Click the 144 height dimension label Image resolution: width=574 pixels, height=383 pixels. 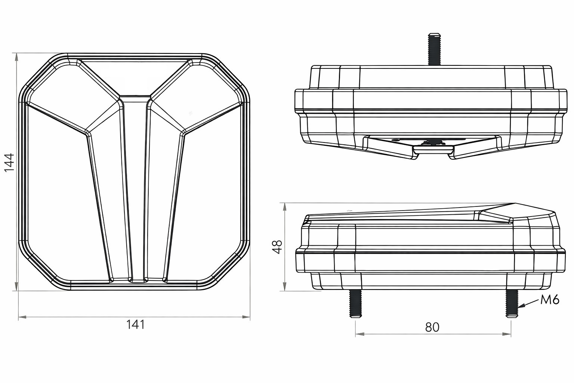(9, 162)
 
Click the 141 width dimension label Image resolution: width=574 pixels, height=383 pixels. (135, 325)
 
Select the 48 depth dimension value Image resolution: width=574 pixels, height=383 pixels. (277, 247)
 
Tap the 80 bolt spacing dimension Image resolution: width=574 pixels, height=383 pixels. (432, 327)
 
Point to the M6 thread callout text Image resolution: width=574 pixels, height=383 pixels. (549, 300)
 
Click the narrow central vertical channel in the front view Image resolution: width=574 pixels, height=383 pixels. (135, 187)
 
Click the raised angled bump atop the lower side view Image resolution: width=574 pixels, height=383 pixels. (516, 213)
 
